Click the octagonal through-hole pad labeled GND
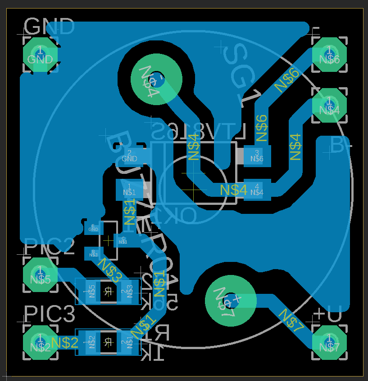click(x=40, y=54)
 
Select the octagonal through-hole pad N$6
click(x=329, y=54)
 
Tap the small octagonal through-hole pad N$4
click(x=329, y=105)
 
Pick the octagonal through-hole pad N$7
click(x=329, y=343)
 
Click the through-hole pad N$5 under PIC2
click(x=40, y=275)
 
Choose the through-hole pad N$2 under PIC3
click(x=40, y=343)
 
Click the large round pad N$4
click(x=156, y=80)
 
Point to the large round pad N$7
click(x=230, y=300)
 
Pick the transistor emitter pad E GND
click(x=93, y=228)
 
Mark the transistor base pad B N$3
click(x=93, y=253)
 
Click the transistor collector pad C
click(x=123, y=240)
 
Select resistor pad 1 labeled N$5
click(x=92, y=291)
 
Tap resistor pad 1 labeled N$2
click(x=92, y=342)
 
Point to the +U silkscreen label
click(x=328, y=314)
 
